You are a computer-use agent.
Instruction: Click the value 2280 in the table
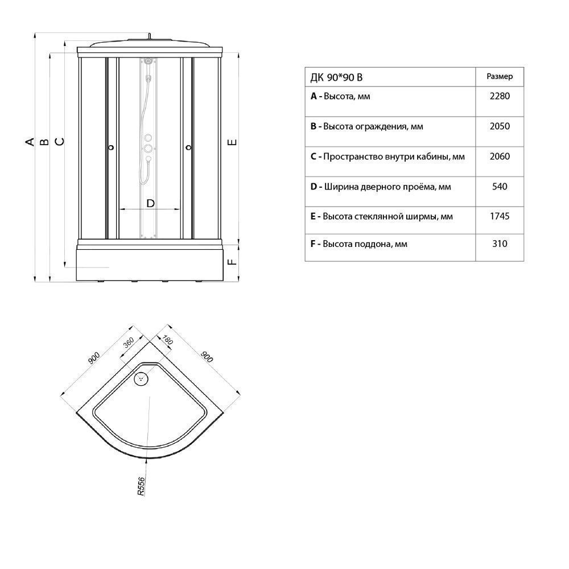tap(500, 96)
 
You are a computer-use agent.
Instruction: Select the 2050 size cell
tap(500, 126)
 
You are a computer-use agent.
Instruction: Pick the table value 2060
tap(500, 156)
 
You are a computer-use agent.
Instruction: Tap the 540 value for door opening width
tap(500, 187)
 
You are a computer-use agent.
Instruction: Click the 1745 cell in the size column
tap(500, 216)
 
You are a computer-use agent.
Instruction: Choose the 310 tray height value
tap(500, 244)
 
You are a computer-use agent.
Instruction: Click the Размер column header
tap(500, 77)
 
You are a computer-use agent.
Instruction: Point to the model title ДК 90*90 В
tap(336, 77)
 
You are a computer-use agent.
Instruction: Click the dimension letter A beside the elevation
tap(30, 142)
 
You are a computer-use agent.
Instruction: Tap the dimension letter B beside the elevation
tap(44, 142)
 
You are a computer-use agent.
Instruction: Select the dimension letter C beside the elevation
tap(59, 142)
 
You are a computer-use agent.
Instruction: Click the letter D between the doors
tap(150, 203)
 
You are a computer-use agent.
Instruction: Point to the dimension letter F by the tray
tap(232, 262)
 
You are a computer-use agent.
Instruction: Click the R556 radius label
tap(141, 486)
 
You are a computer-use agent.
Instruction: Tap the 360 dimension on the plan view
tap(129, 342)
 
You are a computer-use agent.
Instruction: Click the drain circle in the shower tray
tap(141, 379)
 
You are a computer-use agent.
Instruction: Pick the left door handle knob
tap(111, 147)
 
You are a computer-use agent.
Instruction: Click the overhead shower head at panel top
tap(147, 61)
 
